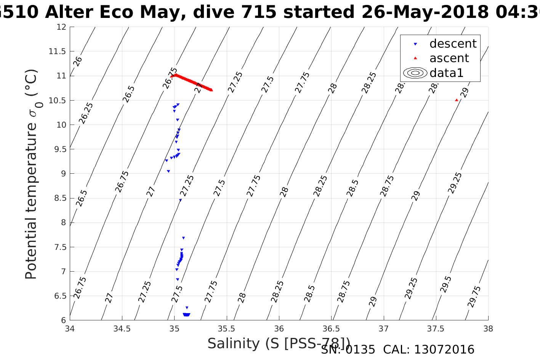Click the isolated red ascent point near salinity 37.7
click(457, 100)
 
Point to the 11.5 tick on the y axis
click(57, 51)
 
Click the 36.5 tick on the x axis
click(331, 328)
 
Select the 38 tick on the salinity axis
click(488, 328)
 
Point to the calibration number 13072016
click(444, 350)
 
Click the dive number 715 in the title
click(260, 13)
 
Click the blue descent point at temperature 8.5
click(180, 200)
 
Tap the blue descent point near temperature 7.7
click(183, 238)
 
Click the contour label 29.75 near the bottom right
click(474, 296)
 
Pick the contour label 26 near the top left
click(77, 61)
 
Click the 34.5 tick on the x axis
click(122, 328)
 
